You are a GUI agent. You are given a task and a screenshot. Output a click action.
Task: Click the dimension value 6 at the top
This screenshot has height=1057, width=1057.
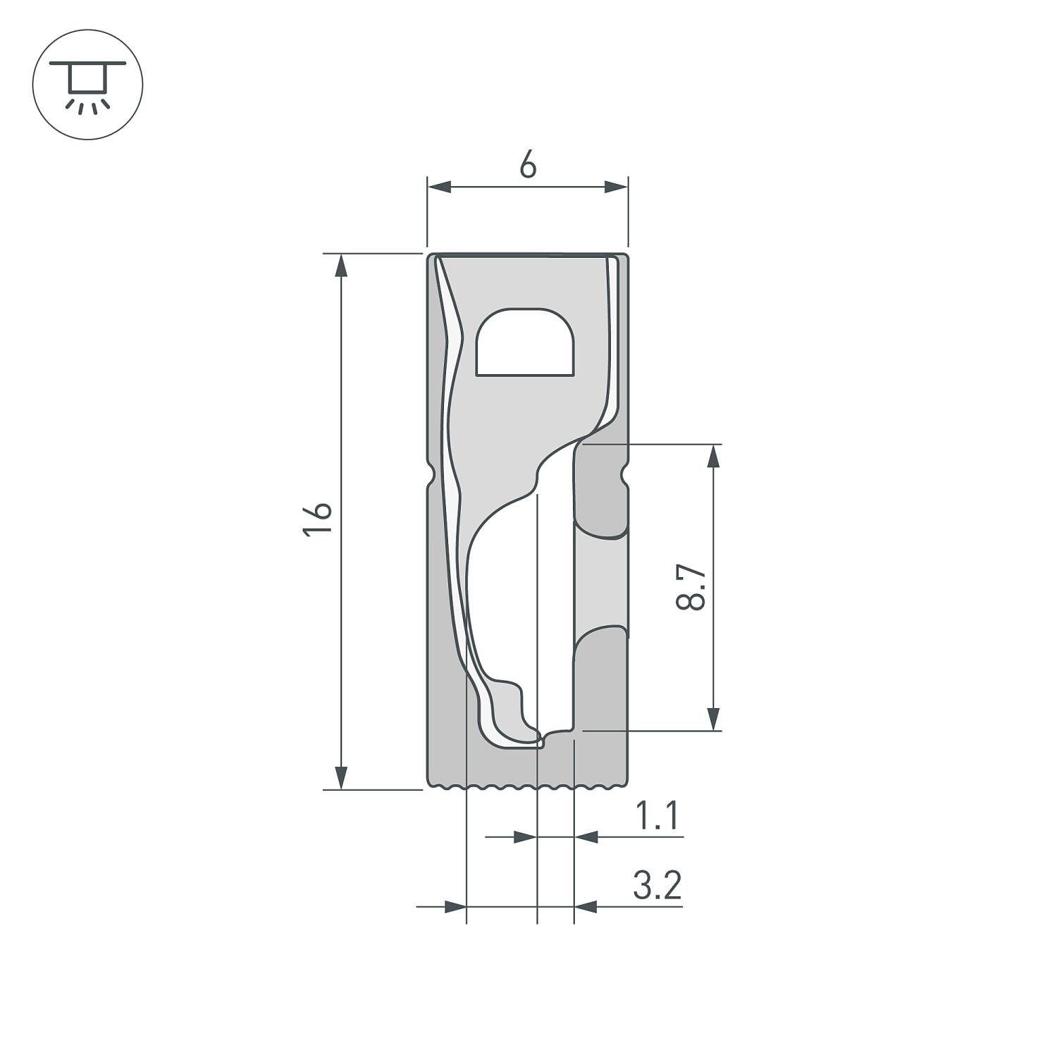528,166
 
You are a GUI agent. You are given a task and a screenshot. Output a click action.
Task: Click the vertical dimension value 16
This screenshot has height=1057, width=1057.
318,520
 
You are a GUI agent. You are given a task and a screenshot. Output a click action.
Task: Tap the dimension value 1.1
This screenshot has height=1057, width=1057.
657,817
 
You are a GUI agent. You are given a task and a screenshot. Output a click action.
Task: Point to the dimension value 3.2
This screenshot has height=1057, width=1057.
657,886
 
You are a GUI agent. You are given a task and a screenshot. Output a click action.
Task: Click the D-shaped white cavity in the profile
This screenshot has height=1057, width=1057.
525,342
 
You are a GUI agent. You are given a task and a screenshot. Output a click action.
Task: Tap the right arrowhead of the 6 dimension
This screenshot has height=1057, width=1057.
616,187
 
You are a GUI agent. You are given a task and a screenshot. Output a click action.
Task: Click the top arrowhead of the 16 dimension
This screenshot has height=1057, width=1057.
341,266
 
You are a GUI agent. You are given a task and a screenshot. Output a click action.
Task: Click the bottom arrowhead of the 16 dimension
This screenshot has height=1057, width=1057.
341,777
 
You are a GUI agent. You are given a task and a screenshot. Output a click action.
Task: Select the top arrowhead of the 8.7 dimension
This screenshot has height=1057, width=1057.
714,457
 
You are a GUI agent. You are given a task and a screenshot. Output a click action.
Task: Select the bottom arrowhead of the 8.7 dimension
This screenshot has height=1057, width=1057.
714,719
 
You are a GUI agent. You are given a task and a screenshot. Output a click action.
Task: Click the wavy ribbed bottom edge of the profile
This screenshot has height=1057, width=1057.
528,786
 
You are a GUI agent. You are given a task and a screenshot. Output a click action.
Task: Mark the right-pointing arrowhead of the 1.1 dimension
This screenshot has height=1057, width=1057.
525,837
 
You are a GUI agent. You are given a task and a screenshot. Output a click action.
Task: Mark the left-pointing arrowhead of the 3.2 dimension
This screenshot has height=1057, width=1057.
586,906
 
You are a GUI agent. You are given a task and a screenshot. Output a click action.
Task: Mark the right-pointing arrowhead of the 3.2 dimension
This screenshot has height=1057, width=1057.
455,906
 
